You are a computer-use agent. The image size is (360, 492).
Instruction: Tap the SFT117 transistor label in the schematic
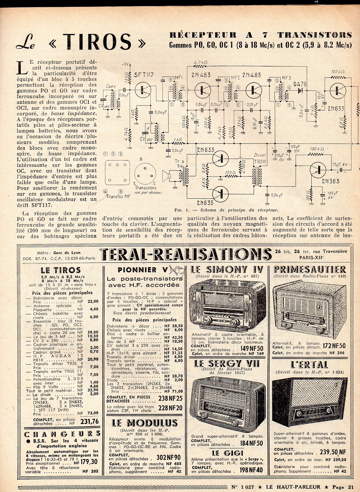143,75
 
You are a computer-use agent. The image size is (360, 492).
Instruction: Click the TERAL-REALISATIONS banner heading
185,254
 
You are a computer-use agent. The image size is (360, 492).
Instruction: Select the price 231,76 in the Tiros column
89,421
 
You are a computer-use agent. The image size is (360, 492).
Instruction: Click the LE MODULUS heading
145,423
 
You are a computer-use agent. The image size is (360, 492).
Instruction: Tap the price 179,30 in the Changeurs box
89,462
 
